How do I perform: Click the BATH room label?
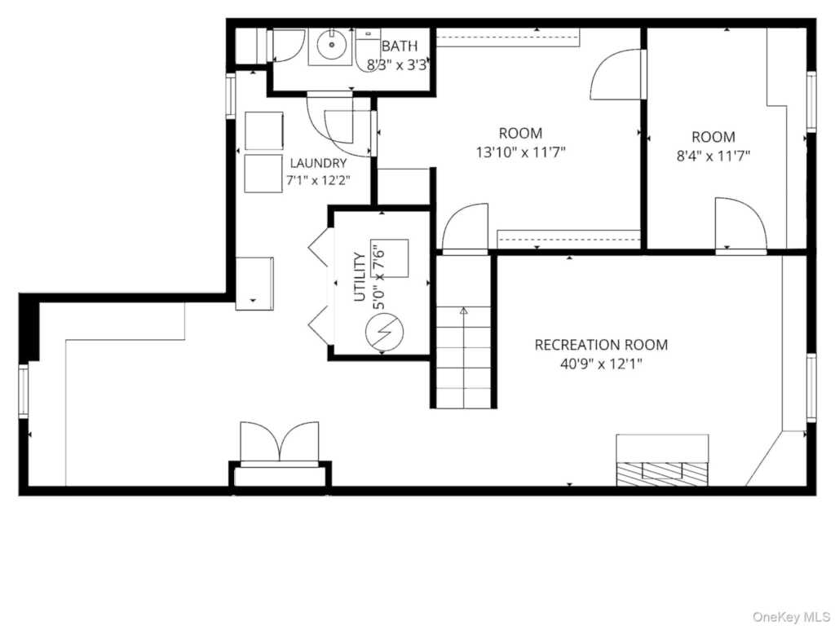click(400, 46)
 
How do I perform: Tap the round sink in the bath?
click(331, 45)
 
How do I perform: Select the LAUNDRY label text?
click(318, 163)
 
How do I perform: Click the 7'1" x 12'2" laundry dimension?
click(318, 180)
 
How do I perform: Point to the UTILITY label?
click(360, 277)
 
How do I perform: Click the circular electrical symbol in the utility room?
click(384, 333)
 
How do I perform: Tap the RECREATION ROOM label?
click(601, 345)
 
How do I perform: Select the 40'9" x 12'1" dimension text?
click(601, 364)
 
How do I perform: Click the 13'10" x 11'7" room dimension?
click(520, 153)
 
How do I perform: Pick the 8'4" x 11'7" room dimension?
click(714, 156)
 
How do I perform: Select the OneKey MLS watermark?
click(791, 616)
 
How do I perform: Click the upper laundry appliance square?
click(263, 131)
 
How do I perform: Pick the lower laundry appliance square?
click(263, 174)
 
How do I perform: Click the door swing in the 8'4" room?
click(740, 223)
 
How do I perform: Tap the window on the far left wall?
click(24, 390)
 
